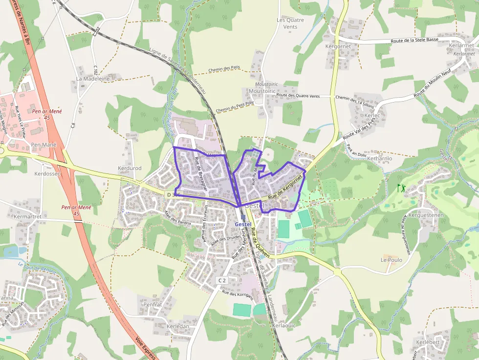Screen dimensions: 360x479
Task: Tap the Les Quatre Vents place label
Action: tap(290, 23)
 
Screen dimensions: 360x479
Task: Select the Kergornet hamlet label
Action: tap(338, 46)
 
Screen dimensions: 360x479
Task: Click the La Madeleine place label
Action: tap(92, 79)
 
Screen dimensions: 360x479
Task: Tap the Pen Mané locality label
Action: tap(44, 145)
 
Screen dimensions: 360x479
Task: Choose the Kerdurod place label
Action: tap(130, 169)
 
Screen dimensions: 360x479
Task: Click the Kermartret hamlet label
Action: tap(27, 216)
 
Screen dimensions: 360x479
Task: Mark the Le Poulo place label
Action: tap(392, 260)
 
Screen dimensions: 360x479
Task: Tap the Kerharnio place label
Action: tap(379, 159)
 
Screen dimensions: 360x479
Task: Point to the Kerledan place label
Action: tap(177, 326)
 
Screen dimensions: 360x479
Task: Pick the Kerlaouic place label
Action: tap(284, 325)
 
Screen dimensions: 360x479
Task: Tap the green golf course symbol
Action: tap(402, 187)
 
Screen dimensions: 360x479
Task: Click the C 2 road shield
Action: tap(222, 280)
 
